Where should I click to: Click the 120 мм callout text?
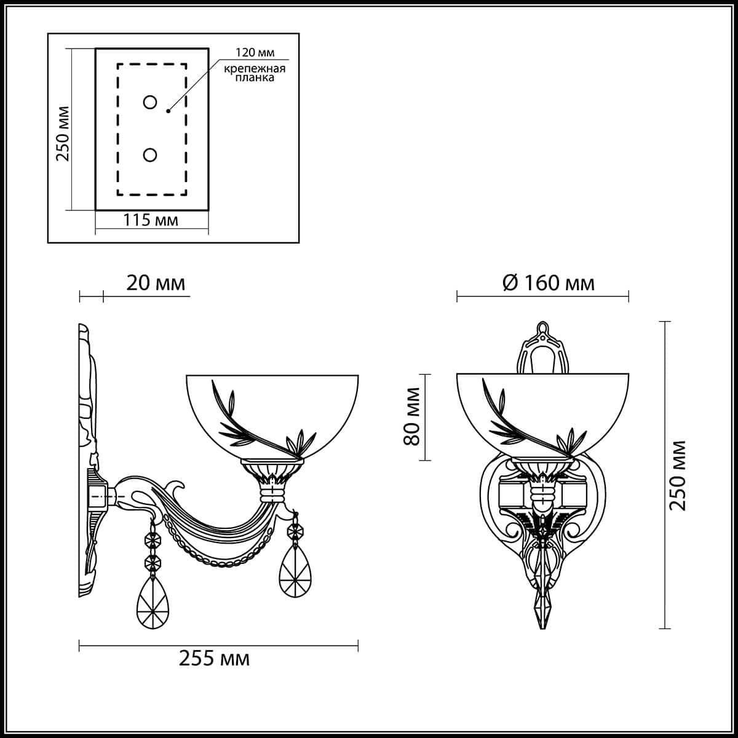pos(255,52)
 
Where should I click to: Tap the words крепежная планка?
pos(255,73)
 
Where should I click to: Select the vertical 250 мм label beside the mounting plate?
pos(63,133)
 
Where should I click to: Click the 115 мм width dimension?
pos(151,220)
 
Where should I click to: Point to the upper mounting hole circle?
pos(149,102)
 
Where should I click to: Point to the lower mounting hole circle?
pos(149,155)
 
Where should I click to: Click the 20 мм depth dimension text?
pos(156,284)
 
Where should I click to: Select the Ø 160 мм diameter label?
pos(549,284)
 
